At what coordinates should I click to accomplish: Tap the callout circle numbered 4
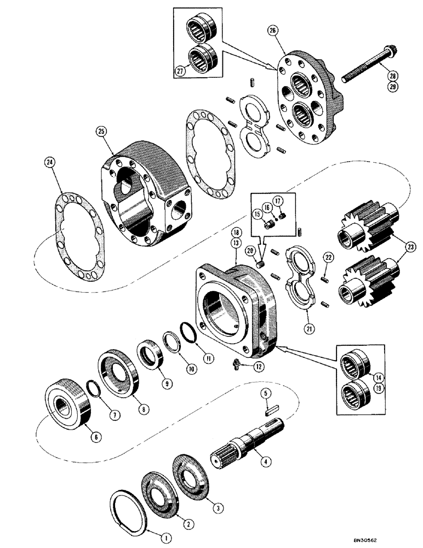(x=265, y=462)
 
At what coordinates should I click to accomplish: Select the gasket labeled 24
(x=72, y=230)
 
